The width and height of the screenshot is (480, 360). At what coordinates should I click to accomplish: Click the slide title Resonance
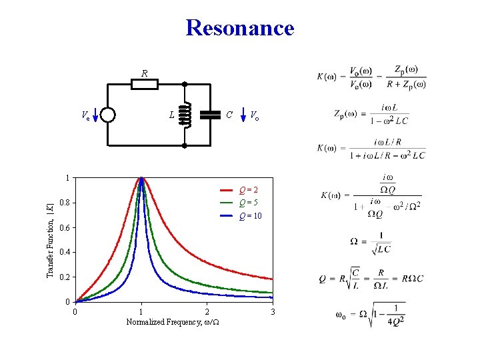(240, 28)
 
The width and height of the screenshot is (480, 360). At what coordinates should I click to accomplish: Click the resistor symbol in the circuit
(144, 84)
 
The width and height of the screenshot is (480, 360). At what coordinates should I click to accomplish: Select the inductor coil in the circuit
(185, 115)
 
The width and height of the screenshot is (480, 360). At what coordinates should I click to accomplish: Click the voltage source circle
(107, 115)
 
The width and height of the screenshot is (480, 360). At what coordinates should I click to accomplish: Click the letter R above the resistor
(144, 73)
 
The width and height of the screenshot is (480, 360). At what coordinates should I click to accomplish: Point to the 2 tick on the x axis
(207, 312)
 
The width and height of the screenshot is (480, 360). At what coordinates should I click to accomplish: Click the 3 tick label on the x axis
(272, 312)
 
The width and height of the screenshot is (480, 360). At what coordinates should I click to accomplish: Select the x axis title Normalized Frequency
(174, 322)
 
